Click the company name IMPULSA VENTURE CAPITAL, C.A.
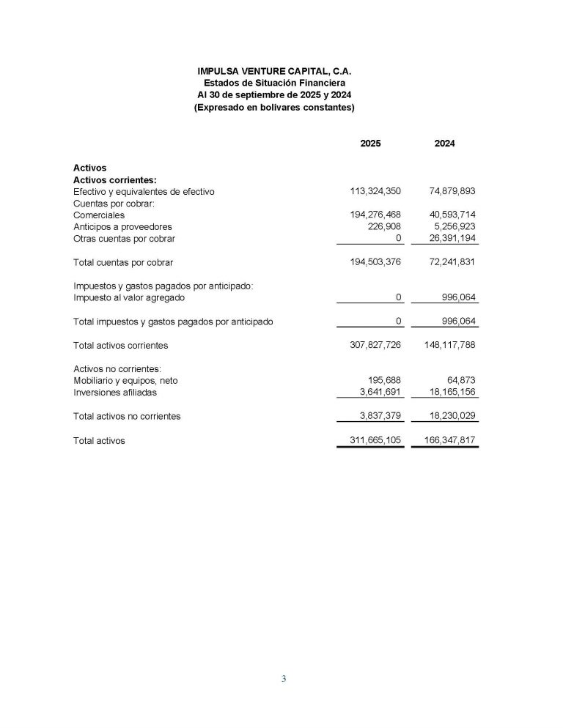274,71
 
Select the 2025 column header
370,144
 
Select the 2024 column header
444,144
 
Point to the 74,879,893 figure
452,191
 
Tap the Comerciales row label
99,215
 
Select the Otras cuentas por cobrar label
124,239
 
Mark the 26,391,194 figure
452,239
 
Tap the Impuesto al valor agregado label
129,298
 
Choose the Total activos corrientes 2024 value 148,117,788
449,345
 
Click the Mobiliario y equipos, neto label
125,381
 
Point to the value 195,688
384,381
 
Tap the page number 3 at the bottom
284,679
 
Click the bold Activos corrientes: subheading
115,179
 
